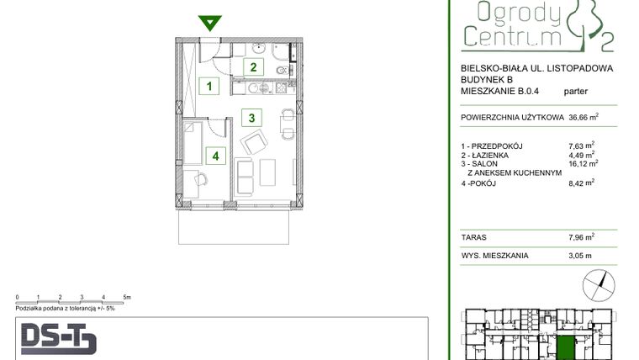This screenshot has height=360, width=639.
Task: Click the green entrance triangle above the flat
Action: (x=209, y=23)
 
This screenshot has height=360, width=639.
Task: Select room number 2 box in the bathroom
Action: (x=251, y=68)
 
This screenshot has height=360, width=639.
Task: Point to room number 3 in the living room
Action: (x=251, y=117)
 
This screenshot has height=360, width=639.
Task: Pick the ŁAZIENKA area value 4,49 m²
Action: (x=582, y=155)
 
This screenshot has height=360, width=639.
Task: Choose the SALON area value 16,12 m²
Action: (x=582, y=164)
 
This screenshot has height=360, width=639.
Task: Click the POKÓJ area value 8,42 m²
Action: (x=582, y=182)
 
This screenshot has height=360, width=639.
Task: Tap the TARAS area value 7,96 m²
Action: (x=582, y=237)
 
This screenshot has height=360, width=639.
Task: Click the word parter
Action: (x=577, y=93)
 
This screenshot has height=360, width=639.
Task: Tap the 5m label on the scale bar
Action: (x=125, y=298)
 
